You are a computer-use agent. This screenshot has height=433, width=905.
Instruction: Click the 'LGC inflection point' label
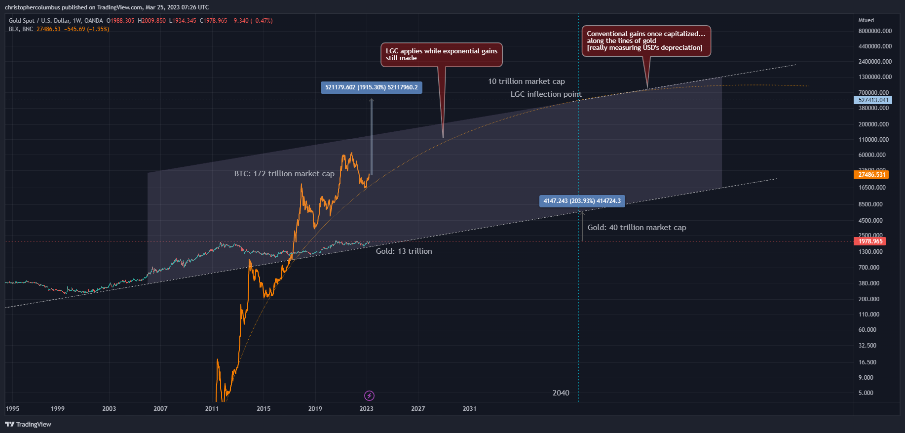point(546,94)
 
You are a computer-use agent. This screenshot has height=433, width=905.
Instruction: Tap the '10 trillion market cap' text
point(526,81)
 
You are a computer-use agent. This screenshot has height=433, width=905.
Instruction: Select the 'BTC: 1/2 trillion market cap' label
point(284,174)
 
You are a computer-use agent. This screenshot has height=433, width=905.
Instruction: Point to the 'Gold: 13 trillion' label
point(404,251)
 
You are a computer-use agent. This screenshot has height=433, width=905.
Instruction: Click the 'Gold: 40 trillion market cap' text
point(637,228)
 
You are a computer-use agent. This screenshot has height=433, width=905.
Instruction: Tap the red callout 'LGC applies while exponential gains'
point(441,54)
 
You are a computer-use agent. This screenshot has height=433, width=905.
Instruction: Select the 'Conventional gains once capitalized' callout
point(646,41)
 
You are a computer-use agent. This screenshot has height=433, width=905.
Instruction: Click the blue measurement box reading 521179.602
point(371,87)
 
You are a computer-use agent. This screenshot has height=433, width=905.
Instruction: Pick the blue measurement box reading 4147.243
point(582,201)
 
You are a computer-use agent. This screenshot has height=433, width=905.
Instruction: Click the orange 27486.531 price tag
point(871,174)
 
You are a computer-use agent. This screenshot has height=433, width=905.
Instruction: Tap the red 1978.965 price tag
point(870,241)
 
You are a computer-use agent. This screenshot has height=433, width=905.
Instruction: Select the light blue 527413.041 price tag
point(873,100)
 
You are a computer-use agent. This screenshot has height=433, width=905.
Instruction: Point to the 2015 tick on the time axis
point(264,409)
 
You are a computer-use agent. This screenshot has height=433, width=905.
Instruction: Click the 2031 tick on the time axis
point(469,409)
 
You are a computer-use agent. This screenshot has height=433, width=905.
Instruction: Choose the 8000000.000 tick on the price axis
point(875,31)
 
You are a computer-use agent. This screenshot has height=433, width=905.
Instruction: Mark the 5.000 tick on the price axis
point(866,393)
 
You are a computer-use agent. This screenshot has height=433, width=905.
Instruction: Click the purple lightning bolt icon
point(369,395)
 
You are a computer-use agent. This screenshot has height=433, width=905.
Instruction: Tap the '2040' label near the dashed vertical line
point(561,393)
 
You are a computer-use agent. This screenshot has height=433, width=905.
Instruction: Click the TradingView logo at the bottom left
point(28,425)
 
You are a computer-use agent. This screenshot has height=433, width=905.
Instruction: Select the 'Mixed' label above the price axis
point(866,20)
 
